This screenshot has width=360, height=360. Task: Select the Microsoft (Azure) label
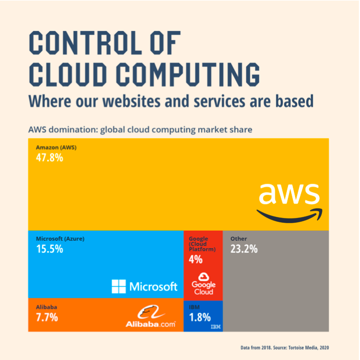[x=60, y=239]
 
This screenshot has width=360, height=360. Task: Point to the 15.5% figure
[x=50, y=249]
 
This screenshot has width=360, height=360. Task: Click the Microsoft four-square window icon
[x=119, y=286]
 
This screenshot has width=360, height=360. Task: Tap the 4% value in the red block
[x=195, y=259]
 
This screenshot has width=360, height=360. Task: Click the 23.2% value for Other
[x=244, y=249]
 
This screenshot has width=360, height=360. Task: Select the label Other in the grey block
[x=239, y=239]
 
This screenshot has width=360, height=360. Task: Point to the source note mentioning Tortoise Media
[x=285, y=348]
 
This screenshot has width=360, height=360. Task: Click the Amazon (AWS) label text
[x=56, y=148]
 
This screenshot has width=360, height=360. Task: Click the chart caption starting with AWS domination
[x=140, y=130]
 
